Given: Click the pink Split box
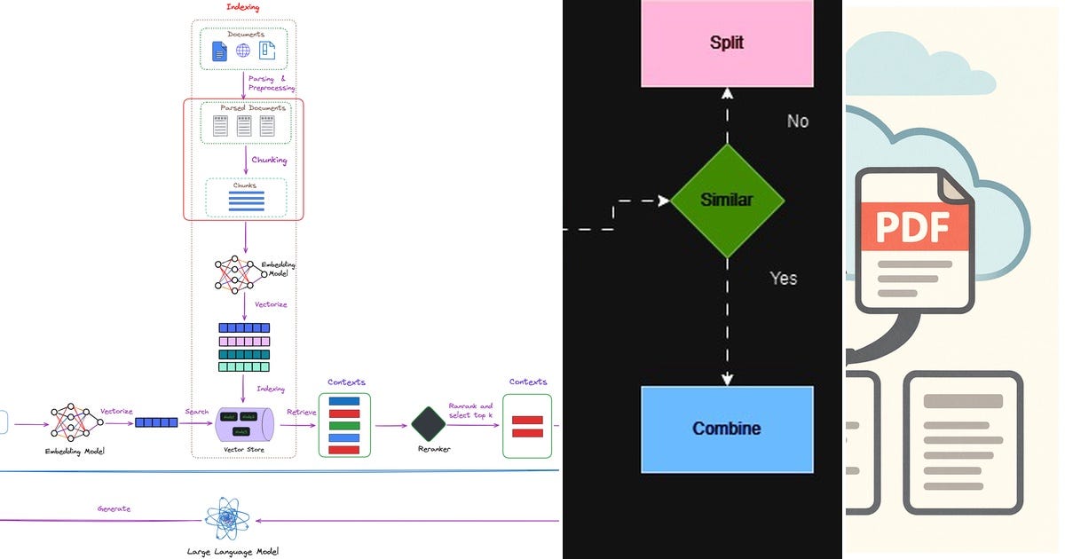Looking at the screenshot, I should [x=726, y=43].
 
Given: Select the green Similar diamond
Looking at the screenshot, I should [x=727, y=201].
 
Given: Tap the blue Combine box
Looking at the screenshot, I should [x=726, y=429].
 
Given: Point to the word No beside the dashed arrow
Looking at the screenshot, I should [x=797, y=122].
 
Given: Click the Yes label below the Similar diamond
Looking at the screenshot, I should [x=783, y=279].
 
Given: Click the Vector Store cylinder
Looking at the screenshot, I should [x=243, y=423].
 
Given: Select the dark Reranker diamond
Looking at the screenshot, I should [x=429, y=424].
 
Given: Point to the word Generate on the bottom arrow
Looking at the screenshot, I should [x=114, y=508].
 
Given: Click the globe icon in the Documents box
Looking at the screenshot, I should [x=242, y=51].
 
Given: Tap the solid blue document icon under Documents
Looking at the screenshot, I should [x=218, y=51].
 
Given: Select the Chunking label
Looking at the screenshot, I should [x=270, y=161].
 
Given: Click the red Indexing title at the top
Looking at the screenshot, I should [x=242, y=6].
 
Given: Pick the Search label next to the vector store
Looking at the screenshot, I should [x=196, y=412].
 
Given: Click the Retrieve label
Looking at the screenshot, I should [x=301, y=413].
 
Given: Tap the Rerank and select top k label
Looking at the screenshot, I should [x=470, y=411].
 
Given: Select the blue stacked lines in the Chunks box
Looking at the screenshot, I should [x=246, y=200].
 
